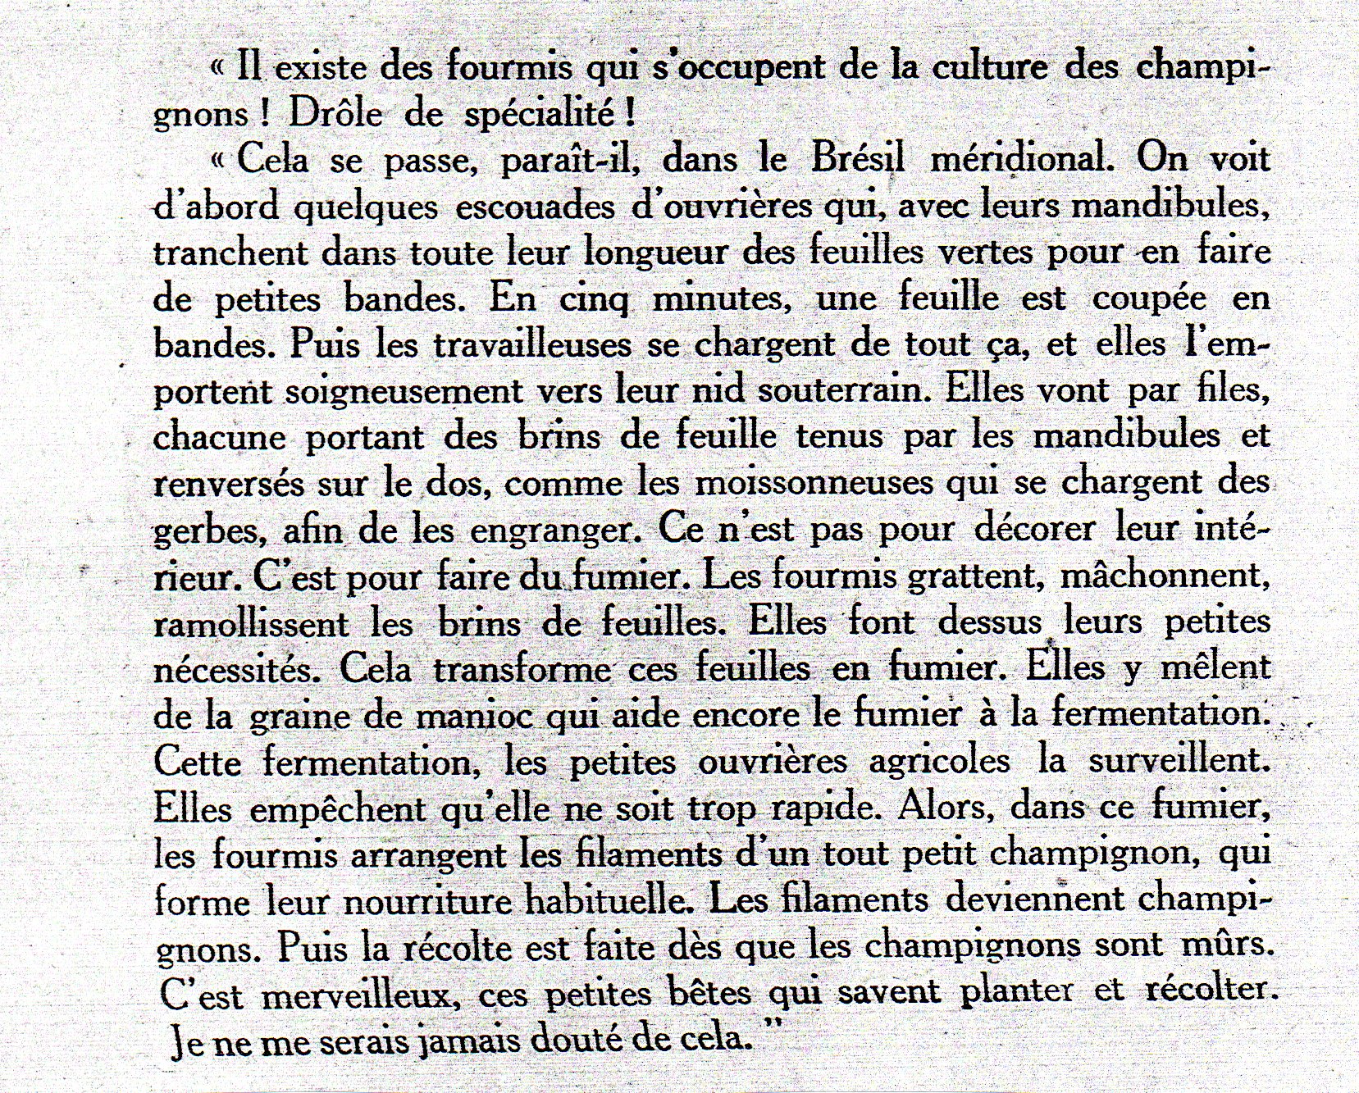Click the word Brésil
(858, 158)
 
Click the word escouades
(535, 206)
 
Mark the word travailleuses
(532, 344)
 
